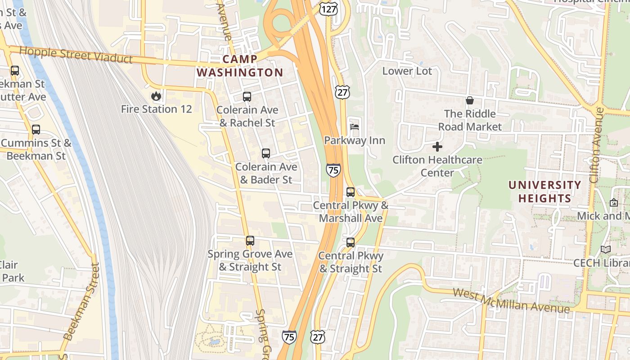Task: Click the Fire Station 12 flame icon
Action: (x=156, y=96)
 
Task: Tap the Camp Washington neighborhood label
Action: (x=240, y=66)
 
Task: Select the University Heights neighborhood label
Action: (x=544, y=192)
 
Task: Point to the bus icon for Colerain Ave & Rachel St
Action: (x=247, y=96)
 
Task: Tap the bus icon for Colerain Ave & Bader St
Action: (x=266, y=153)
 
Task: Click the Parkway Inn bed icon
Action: (x=355, y=127)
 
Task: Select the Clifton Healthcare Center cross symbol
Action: (x=437, y=147)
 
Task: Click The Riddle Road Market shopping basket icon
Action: (x=470, y=100)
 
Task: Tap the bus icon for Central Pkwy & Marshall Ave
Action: (x=351, y=192)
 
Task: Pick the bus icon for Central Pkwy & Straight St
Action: (x=351, y=243)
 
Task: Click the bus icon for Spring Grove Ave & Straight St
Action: (x=250, y=241)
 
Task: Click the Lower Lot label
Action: (x=407, y=71)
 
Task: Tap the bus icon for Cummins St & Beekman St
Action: (x=36, y=130)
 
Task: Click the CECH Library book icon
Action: (x=606, y=249)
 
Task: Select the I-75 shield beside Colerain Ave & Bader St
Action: (x=333, y=170)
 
